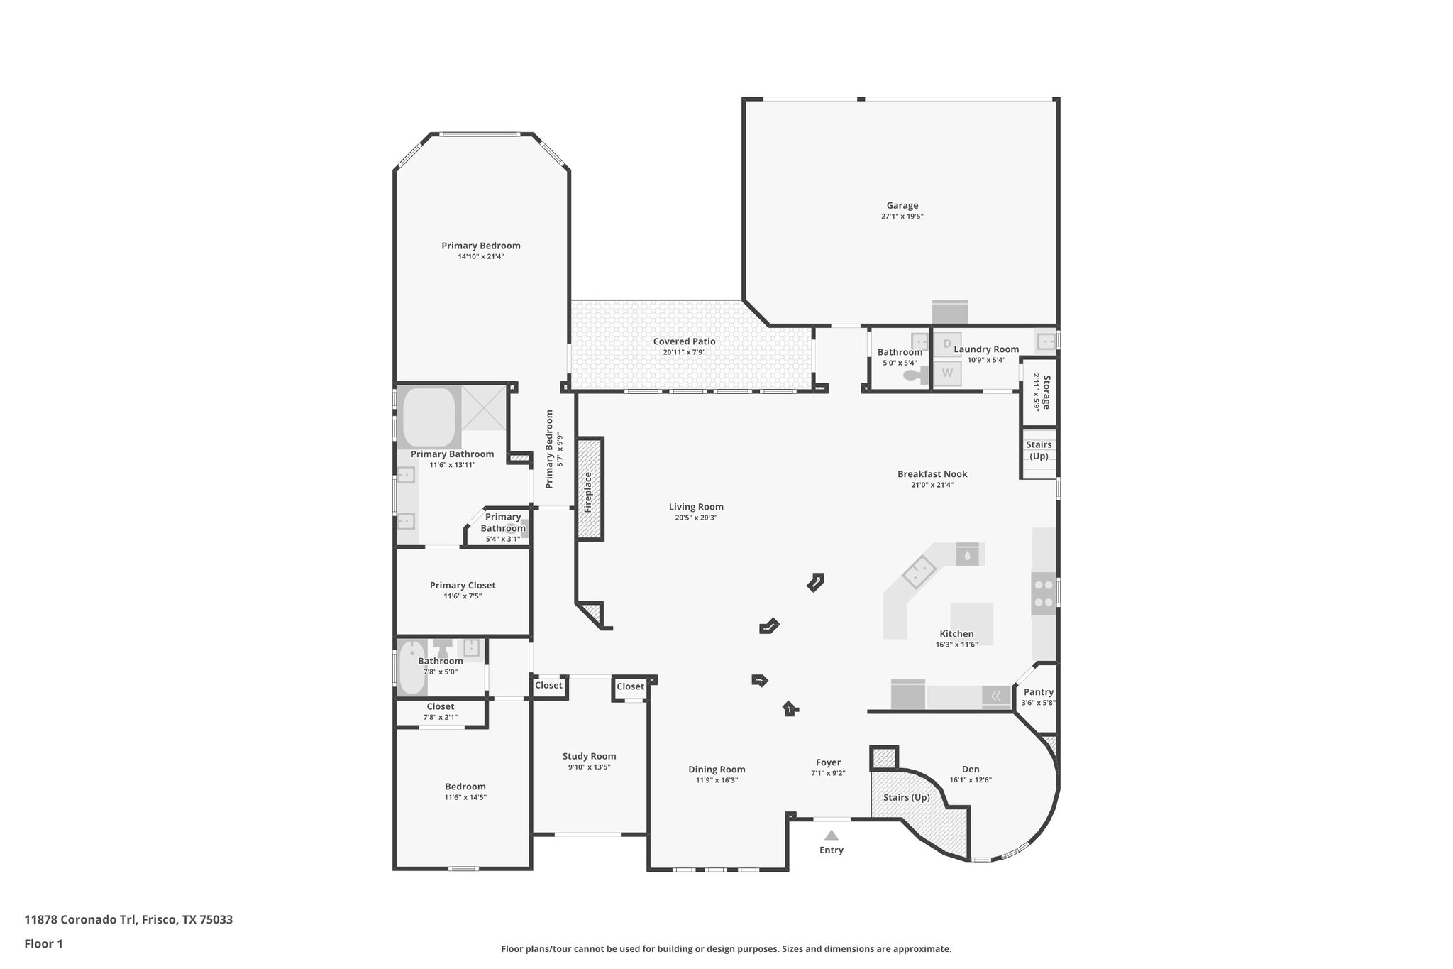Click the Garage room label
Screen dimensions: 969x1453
pos(902,206)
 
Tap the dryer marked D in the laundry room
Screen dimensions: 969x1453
pos(946,344)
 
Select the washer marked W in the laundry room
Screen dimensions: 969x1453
pos(946,373)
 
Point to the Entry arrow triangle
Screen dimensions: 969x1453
pos(832,836)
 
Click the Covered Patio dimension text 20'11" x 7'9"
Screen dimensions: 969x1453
pos(684,352)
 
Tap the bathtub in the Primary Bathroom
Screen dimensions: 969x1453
pos(429,417)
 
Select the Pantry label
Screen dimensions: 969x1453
pos(1039,692)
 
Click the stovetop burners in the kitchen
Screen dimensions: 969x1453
pos(1043,593)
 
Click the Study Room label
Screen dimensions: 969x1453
pos(589,756)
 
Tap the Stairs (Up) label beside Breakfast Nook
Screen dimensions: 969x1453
pos(1039,450)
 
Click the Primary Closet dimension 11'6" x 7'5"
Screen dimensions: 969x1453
pos(463,596)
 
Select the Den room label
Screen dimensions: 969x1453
pos(971,769)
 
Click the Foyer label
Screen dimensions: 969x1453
pos(828,762)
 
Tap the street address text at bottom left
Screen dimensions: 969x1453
pos(128,919)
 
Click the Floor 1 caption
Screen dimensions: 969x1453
pos(43,943)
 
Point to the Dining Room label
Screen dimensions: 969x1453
pos(717,770)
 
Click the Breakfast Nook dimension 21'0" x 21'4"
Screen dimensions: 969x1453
pos(932,485)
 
